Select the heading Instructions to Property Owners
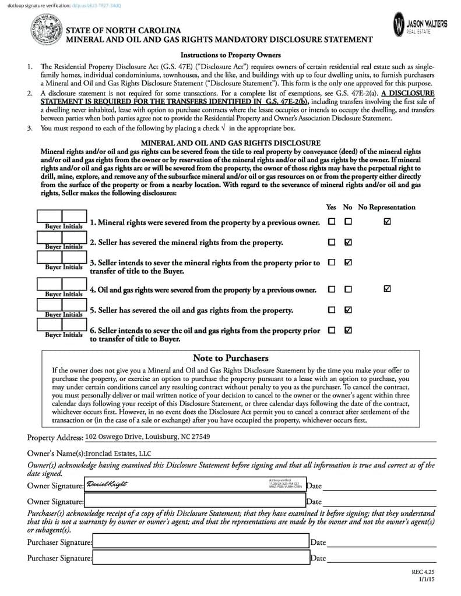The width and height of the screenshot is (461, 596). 231,55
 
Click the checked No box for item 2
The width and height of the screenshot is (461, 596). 348,242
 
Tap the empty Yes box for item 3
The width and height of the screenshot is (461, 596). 332,262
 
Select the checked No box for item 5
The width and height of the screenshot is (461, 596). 348,310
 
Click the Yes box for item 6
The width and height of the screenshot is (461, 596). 332,330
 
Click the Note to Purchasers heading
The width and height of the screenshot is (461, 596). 230,358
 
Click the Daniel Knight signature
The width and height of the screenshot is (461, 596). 107,484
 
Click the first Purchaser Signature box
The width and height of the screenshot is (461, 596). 200,542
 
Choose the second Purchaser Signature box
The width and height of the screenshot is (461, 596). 200,558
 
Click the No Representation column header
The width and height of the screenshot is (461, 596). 386,207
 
